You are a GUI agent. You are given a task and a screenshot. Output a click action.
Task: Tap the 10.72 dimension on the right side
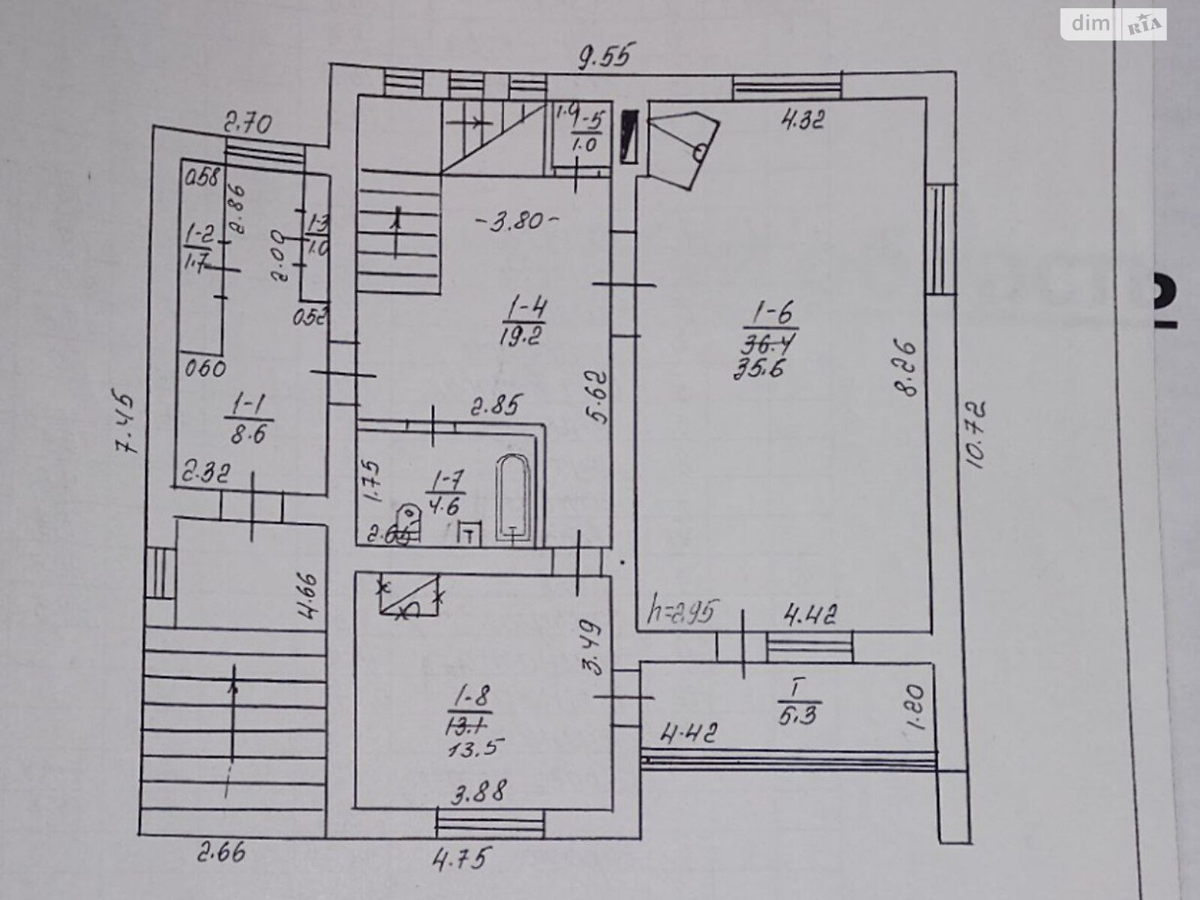click(x=977, y=435)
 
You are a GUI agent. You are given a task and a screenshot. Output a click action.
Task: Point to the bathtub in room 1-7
click(x=514, y=499)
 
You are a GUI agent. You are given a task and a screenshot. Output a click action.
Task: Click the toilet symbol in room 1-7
click(x=407, y=521)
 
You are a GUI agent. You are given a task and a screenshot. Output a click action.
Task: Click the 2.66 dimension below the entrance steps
click(x=222, y=852)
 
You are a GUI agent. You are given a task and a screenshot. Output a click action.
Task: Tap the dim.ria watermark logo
click(x=1113, y=24)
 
